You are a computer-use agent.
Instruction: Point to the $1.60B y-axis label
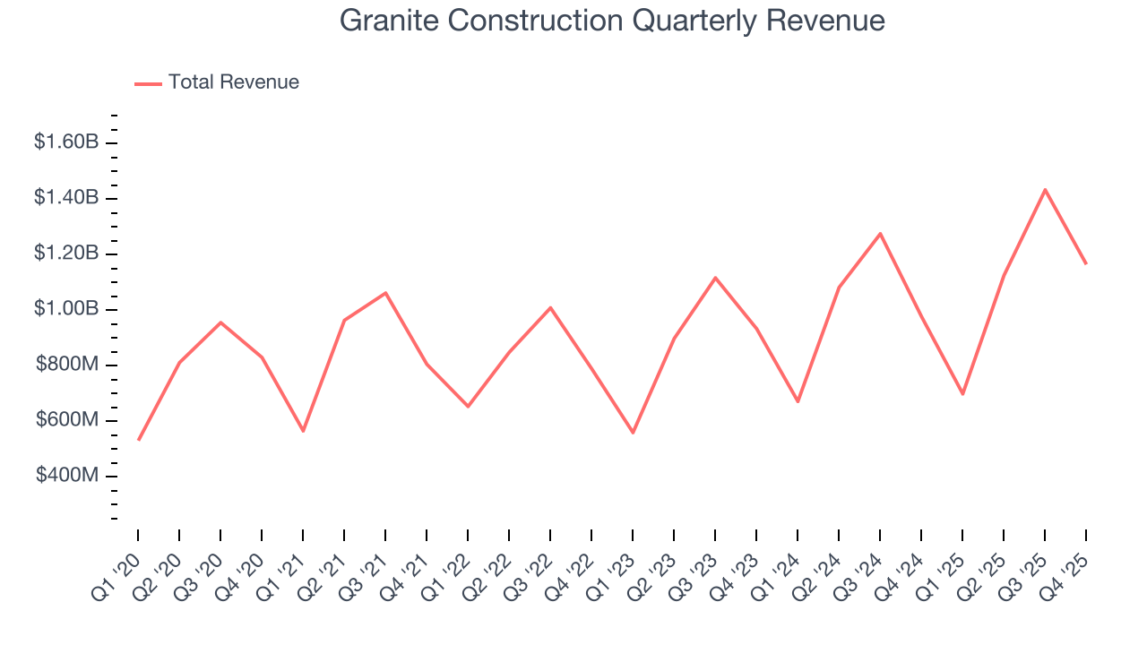(x=66, y=142)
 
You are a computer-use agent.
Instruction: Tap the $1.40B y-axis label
(x=66, y=197)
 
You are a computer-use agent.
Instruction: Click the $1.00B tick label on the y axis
(x=66, y=309)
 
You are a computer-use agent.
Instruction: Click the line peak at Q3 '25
(x=1045, y=190)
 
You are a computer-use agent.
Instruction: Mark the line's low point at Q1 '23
(x=633, y=433)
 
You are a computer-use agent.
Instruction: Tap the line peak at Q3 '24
(x=880, y=234)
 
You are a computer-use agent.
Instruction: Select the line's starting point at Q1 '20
(x=138, y=440)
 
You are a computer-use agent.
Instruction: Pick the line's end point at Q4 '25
(x=1086, y=263)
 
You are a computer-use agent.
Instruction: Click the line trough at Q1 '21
(x=303, y=431)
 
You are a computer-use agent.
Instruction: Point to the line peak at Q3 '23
(x=715, y=278)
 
